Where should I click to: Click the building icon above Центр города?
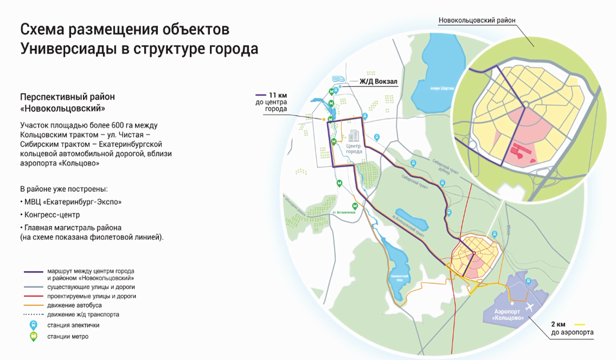[353, 136]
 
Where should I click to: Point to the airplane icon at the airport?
[532, 307]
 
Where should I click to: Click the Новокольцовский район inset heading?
[478, 21]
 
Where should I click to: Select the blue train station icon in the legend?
[30, 325]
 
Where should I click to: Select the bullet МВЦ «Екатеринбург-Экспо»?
[73, 202]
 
